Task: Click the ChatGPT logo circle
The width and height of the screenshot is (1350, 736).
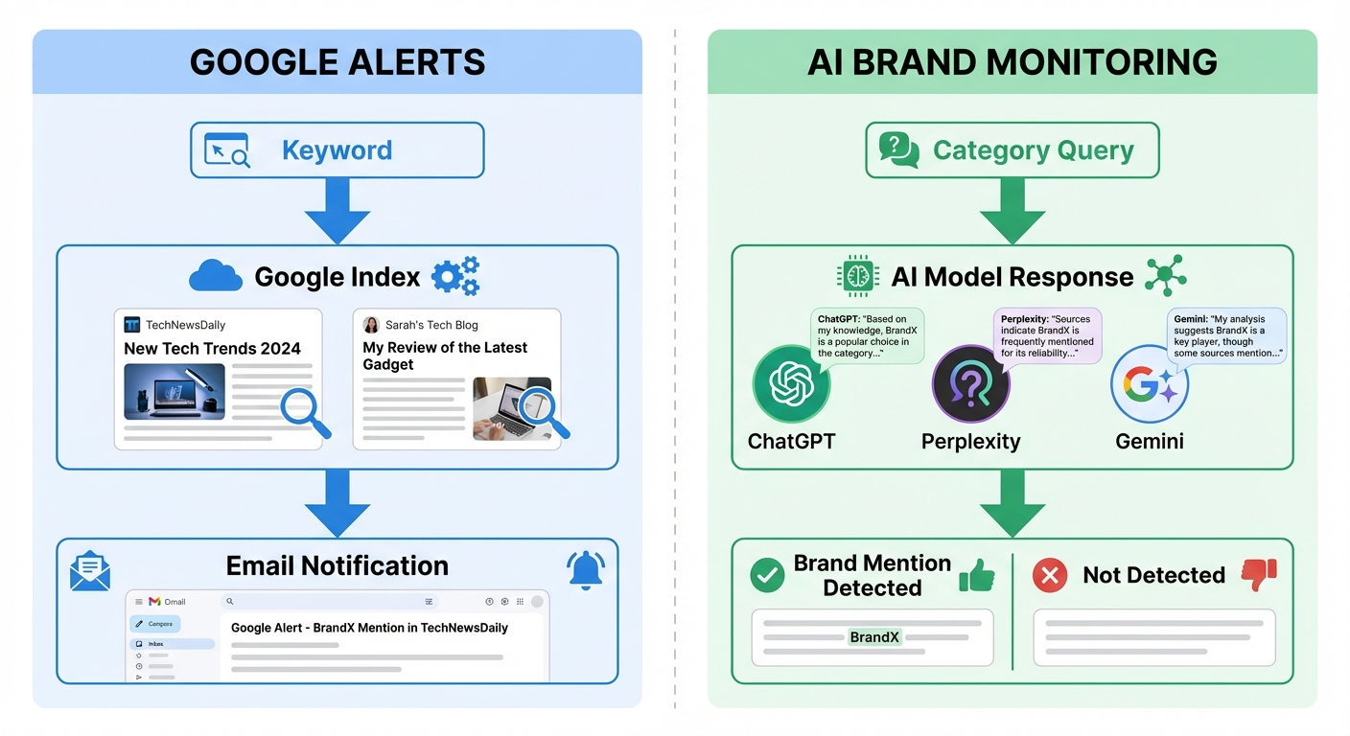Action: coord(791,384)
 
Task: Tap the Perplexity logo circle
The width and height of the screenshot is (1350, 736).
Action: coord(970,384)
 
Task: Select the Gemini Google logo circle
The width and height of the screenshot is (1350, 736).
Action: coord(1149,384)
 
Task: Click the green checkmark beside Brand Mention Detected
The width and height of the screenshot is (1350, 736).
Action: coord(766,575)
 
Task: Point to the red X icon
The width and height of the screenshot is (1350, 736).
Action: coord(1050,575)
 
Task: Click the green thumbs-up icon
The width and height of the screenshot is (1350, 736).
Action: coord(976,574)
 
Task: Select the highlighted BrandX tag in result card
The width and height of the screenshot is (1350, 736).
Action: coord(874,636)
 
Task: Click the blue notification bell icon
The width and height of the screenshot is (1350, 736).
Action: coord(585,569)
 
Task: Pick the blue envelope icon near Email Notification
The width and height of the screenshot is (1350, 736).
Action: coord(90,570)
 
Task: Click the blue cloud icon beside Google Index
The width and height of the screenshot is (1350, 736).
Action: coord(215,277)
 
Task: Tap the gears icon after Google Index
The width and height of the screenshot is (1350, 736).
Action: coord(455,276)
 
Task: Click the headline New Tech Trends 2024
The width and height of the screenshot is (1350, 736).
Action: coord(212,349)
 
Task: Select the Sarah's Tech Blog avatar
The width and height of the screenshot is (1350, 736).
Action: coord(371,325)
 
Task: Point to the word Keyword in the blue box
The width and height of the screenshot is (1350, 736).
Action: coord(337,150)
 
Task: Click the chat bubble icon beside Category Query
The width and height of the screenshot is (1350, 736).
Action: coord(898,150)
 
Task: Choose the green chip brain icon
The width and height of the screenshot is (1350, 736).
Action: coord(858,276)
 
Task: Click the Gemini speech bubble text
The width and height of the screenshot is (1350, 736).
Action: coord(1226,336)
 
